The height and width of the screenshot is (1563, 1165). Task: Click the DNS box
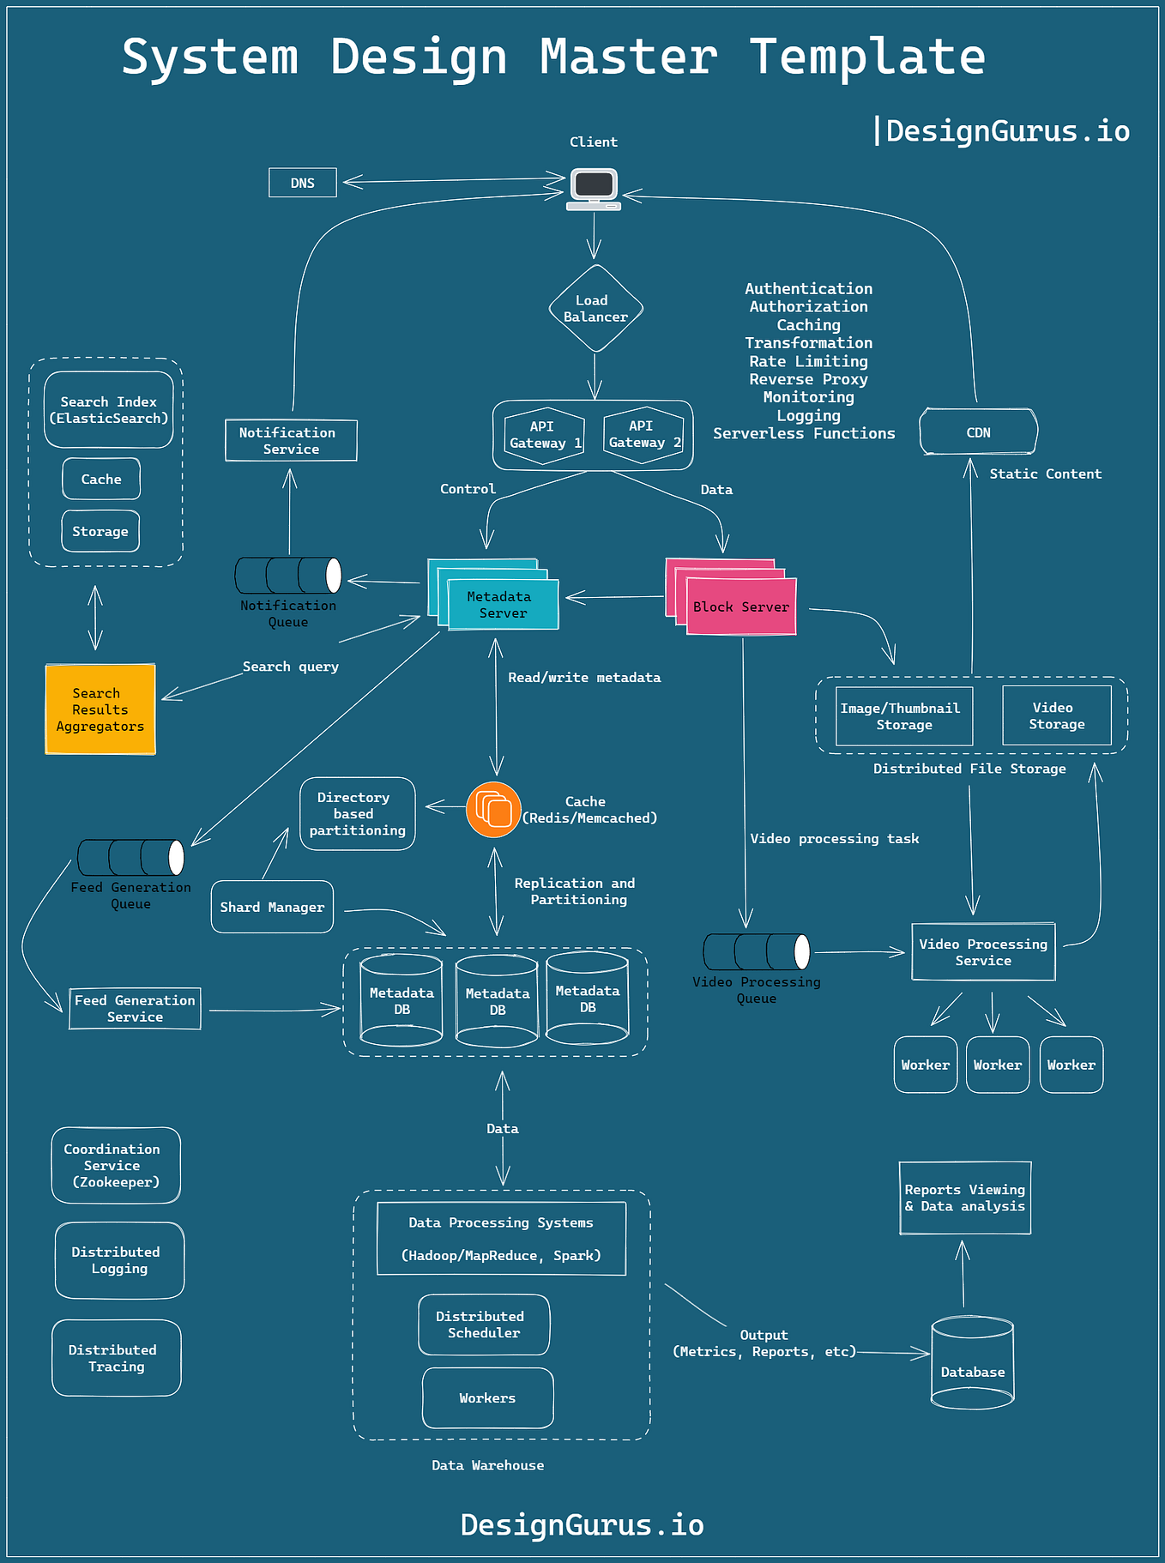302,183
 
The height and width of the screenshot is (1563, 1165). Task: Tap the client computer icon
594,188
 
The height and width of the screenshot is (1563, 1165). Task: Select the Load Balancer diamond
595,309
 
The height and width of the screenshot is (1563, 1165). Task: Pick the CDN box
978,432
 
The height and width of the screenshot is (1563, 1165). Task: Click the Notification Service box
291,441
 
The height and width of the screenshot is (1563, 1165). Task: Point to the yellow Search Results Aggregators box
100,709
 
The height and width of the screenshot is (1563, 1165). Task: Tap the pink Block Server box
741,606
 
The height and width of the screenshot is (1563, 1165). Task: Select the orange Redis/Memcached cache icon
493,810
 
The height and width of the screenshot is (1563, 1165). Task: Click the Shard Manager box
272,907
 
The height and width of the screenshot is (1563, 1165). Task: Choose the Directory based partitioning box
357,814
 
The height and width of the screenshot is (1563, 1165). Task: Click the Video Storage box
1056,715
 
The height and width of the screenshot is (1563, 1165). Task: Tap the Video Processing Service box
983,952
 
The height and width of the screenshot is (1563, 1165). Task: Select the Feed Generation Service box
135,1009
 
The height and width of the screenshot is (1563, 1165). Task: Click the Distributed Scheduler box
484,1325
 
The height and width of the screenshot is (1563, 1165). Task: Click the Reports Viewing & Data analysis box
964,1198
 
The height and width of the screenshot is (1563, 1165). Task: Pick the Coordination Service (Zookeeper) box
116,1165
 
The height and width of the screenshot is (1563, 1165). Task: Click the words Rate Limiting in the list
808,361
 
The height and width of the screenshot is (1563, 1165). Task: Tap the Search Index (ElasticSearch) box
109,410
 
